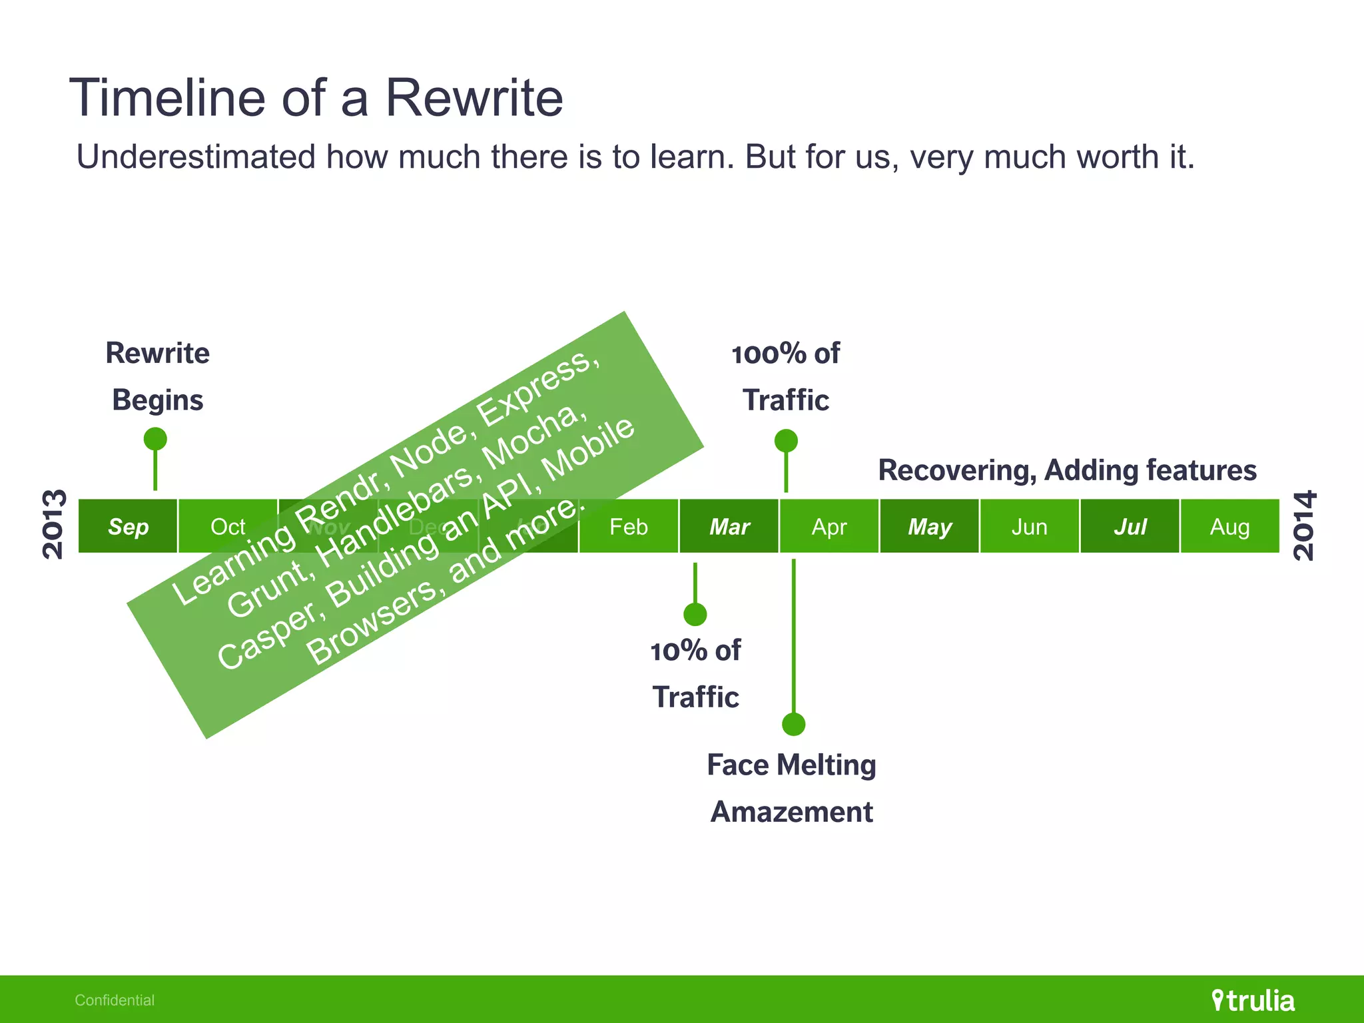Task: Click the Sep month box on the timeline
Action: coord(128,526)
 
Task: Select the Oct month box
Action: coord(228,526)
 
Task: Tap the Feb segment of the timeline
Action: coord(629,526)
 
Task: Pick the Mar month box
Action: coord(729,526)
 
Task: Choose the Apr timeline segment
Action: coord(829,526)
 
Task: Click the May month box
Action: coord(930,526)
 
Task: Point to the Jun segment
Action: coord(1030,526)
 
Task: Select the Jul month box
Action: coord(1130,526)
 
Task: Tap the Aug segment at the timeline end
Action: coord(1230,526)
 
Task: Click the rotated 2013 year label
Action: coord(54,524)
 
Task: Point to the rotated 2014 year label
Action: coord(1305,525)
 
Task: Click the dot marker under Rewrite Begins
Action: coord(155,439)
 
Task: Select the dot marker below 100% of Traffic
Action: coord(786,440)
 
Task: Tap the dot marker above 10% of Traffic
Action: coord(695,614)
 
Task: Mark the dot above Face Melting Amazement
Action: coord(794,724)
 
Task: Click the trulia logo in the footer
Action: coord(1253,1000)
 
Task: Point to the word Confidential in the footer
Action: coord(115,1000)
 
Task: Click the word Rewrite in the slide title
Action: coord(474,98)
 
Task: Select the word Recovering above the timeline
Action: coord(957,470)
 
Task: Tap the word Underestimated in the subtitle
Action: coord(196,157)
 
